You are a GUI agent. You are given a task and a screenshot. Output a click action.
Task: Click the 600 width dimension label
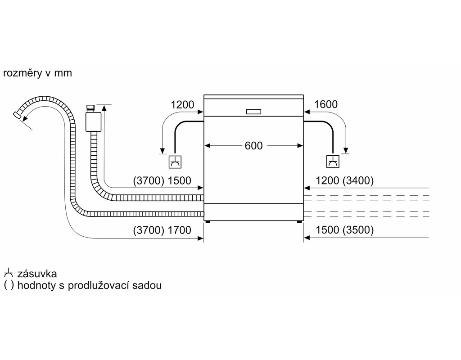point(253,146)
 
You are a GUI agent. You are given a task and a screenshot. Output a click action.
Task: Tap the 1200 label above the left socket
point(182,105)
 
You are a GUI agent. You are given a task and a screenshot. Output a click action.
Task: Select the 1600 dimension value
point(325,105)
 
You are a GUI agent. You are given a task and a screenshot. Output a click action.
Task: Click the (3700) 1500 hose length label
point(162,181)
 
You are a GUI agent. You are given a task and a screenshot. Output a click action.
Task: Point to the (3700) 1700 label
point(162,230)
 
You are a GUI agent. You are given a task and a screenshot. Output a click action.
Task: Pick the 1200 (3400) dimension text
point(345,181)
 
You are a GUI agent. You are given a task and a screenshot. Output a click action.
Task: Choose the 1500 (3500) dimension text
point(345,230)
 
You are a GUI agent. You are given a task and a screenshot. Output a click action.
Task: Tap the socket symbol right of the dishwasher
point(333,161)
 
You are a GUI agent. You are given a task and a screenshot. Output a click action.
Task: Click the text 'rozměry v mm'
point(37,73)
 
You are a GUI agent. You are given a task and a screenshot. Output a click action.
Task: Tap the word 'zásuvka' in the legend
point(37,274)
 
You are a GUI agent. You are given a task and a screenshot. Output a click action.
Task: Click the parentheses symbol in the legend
point(8,285)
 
